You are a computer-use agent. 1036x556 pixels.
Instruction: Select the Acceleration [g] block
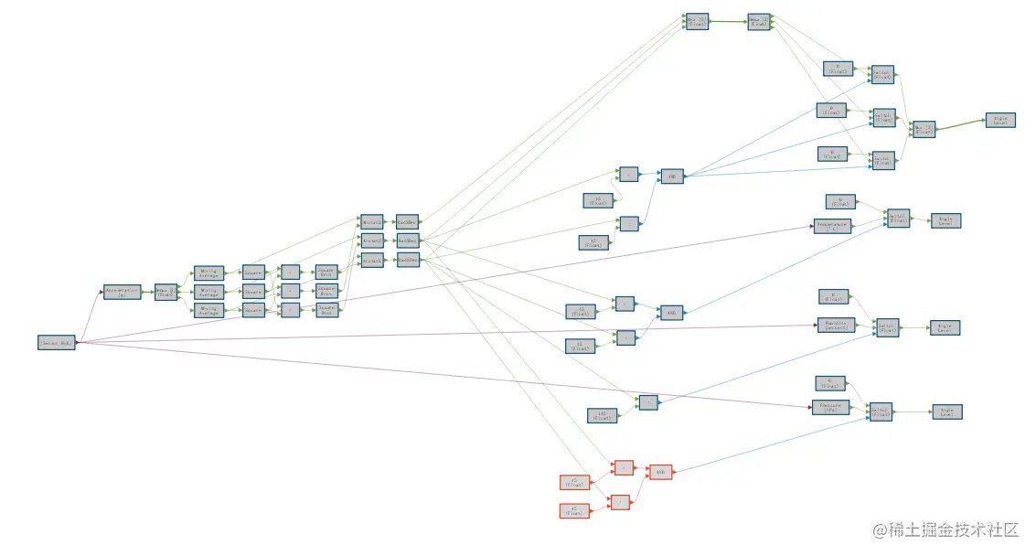pos(122,292)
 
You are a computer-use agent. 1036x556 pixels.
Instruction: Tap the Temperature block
pos(832,226)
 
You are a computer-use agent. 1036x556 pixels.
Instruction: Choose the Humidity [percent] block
pos(835,325)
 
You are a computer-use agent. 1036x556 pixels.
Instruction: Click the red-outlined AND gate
pos(661,473)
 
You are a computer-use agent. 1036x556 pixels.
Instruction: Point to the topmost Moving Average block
pos(208,273)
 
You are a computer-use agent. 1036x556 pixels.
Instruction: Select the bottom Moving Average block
pos(208,311)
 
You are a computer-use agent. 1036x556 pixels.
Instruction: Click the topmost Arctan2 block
pos(371,222)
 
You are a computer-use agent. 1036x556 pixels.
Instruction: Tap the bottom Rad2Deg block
pos(407,261)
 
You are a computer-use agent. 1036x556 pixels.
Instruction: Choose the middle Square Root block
pos(326,291)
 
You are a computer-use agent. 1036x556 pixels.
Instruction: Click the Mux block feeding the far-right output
pos(924,129)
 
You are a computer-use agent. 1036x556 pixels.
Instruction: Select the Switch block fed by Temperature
pos(898,218)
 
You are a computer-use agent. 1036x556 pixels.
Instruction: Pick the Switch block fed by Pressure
pos(880,413)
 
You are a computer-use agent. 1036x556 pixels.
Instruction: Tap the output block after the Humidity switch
pos(945,326)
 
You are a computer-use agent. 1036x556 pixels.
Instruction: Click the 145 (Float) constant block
pos(602,416)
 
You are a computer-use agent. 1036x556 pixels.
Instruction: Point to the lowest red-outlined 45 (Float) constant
pos(573,511)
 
